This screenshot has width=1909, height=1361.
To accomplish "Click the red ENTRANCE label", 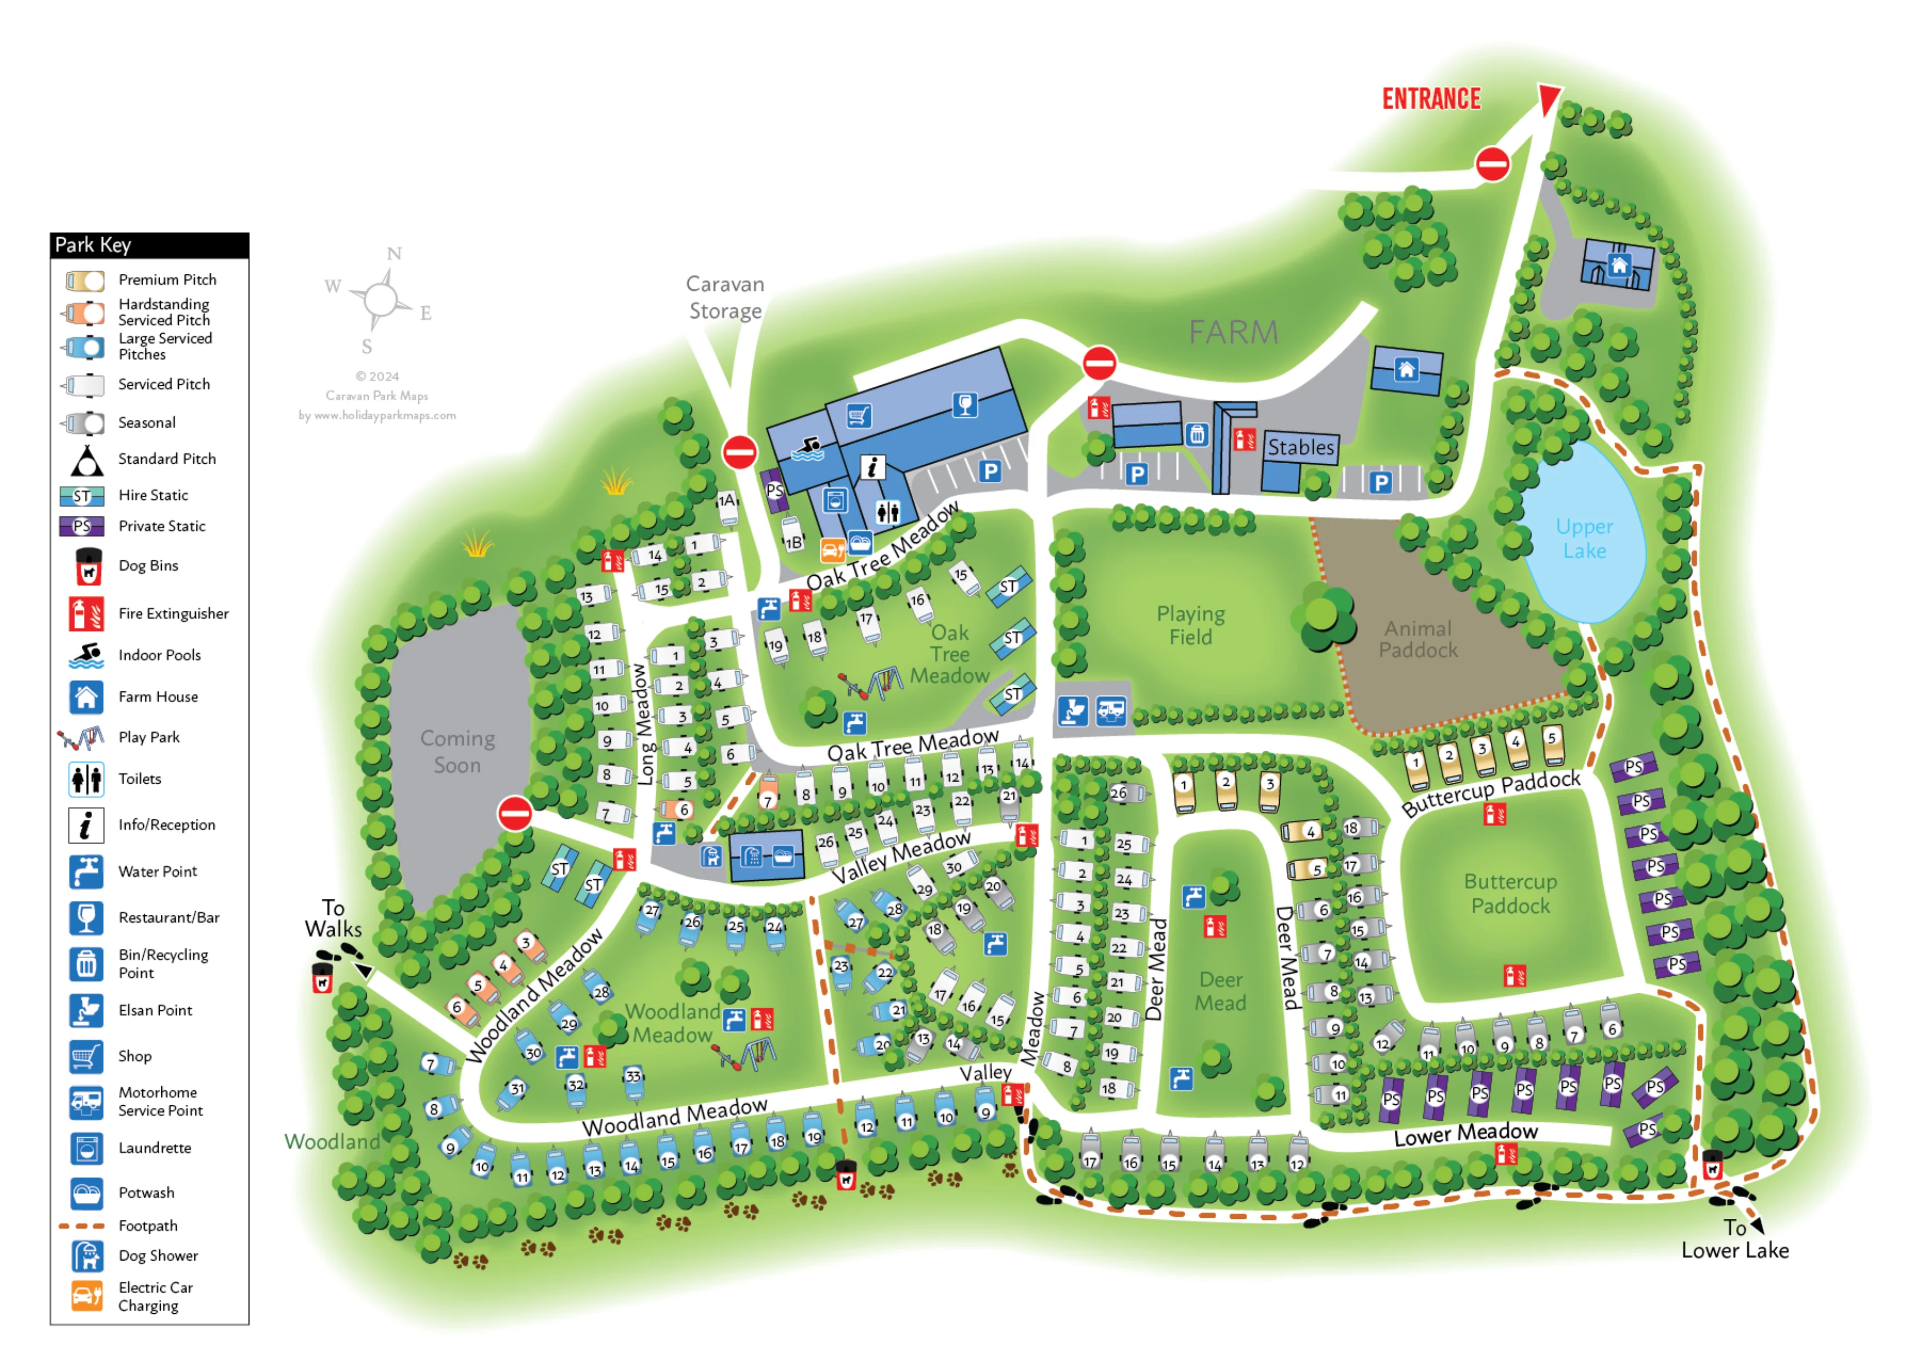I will [x=1431, y=99].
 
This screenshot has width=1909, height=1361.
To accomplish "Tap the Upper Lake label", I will [x=1584, y=538].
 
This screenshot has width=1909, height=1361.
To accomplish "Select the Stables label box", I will [x=1300, y=447].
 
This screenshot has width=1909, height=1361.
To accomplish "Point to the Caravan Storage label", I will [x=725, y=297].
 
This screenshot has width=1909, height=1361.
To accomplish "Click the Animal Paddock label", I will [x=1418, y=639].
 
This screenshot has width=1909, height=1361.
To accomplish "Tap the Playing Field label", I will [x=1190, y=625].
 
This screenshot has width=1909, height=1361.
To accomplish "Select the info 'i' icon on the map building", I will [x=872, y=468].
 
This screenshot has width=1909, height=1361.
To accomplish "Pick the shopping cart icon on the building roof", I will [x=859, y=415].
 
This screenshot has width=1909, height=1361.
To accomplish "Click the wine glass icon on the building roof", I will [x=965, y=405].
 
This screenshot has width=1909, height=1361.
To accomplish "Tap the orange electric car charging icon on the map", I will [x=832, y=550].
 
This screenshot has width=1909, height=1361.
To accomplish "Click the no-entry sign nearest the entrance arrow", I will [x=1493, y=164].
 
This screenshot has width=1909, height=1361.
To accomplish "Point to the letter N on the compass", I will [x=394, y=254].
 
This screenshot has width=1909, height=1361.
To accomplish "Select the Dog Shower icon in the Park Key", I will [x=86, y=1256].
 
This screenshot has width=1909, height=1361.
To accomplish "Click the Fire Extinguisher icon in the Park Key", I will [x=86, y=614].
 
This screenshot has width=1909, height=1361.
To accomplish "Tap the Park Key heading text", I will [x=93, y=245].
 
